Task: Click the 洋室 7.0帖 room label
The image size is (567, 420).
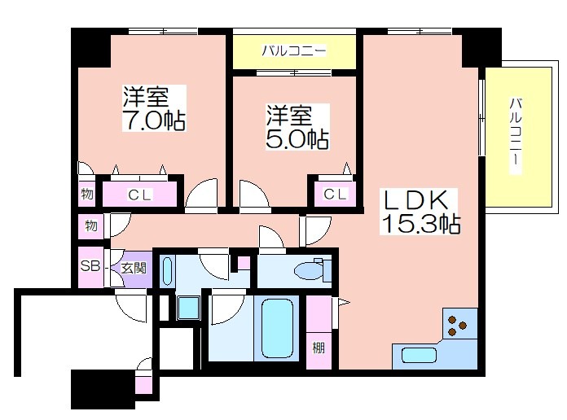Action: coord(154,108)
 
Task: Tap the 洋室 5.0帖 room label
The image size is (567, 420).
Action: coord(297,127)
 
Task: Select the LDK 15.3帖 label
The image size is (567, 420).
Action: coord(420,212)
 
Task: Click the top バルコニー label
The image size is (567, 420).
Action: coord(294,50)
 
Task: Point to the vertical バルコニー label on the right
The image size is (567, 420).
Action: coord(516,136)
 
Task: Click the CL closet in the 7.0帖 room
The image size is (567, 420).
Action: coord(139,195)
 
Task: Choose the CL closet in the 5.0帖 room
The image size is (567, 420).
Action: coord(335,194)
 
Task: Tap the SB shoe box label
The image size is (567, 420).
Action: coord(90,266)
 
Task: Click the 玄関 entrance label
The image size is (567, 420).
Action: coord(134,268)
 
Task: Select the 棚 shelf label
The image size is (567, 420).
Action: coord(319,348)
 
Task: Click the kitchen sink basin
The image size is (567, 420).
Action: coord(419,356)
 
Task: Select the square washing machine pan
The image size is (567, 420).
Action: coord(188,308)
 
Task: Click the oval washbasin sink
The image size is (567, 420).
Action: coord(167,271)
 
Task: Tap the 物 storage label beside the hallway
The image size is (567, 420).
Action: coord(91,226)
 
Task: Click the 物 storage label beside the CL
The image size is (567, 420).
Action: coord(87,194)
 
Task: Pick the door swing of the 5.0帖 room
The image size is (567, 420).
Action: coord(254,194)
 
